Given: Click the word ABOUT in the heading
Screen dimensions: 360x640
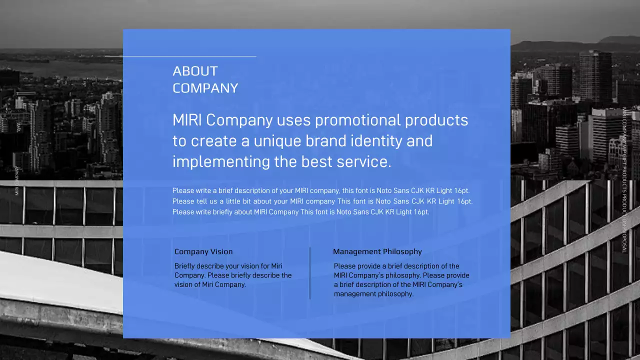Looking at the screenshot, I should (x=195, y=71).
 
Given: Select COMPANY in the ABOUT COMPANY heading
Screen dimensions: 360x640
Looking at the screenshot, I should (x=205, y=88).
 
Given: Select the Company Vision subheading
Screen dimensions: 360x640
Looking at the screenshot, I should (x=203, y=251).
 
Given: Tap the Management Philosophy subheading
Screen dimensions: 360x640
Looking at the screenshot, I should (x=377, y=251).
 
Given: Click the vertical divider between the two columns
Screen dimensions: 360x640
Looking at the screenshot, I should (x=310, y=273).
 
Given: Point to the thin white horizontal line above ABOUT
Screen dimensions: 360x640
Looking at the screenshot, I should (x=180, y=56).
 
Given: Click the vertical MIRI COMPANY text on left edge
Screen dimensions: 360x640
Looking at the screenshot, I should (x=17, y=180).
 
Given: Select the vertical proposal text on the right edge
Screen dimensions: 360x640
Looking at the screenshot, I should (x=624, y=180).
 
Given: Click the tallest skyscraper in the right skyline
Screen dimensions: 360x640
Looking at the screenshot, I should (x=595, y=75).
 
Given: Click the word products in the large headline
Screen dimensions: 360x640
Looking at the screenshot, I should (x=436, y=120).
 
